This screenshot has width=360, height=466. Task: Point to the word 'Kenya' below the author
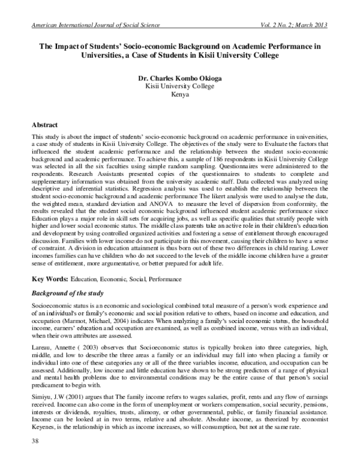[180, 95]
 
